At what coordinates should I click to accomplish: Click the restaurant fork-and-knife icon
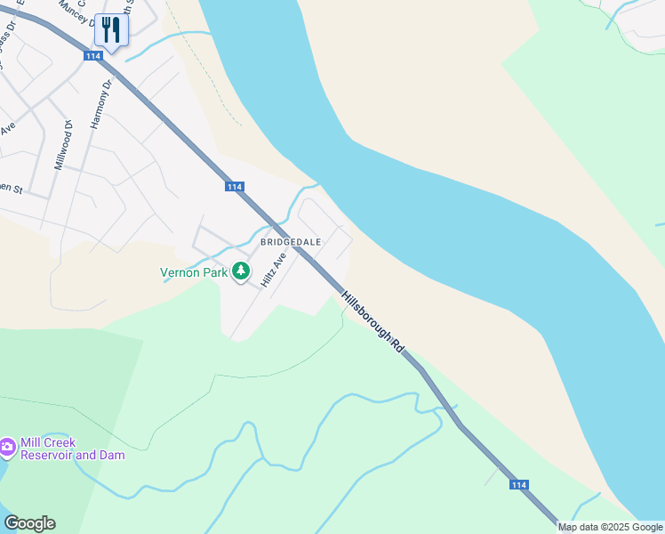pyautogui.click(x=111, y=29)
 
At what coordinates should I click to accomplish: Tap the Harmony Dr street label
pyautogui.click(x=100, y=103)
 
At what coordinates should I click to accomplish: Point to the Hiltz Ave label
pyautogui.click(x=272, y=269)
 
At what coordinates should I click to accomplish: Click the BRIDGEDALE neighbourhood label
pyautogui.click(x=290, y=241)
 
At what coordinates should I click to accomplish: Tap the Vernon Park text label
pyautogui.click(x=194, y=273)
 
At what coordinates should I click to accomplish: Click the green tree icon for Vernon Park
pyautogui.click(x=240, y=271)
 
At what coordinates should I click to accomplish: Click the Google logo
pyautogui.click(x=29, y=523)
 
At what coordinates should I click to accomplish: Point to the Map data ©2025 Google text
pyautogui.click(x=611, y=527)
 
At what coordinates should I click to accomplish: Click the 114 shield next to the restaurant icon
pyautogui.click(x=93, y=56)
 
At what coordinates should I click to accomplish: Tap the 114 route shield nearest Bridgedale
pyautogui.click(x=234, y=186)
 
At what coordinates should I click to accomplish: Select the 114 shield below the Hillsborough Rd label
pyautogui.click(x=519, y=484)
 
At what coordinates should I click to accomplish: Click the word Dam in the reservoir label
pyautogui.click(x=112, y=456)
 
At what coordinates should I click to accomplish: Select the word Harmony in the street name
pyautogui.click(x=97, y=109)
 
